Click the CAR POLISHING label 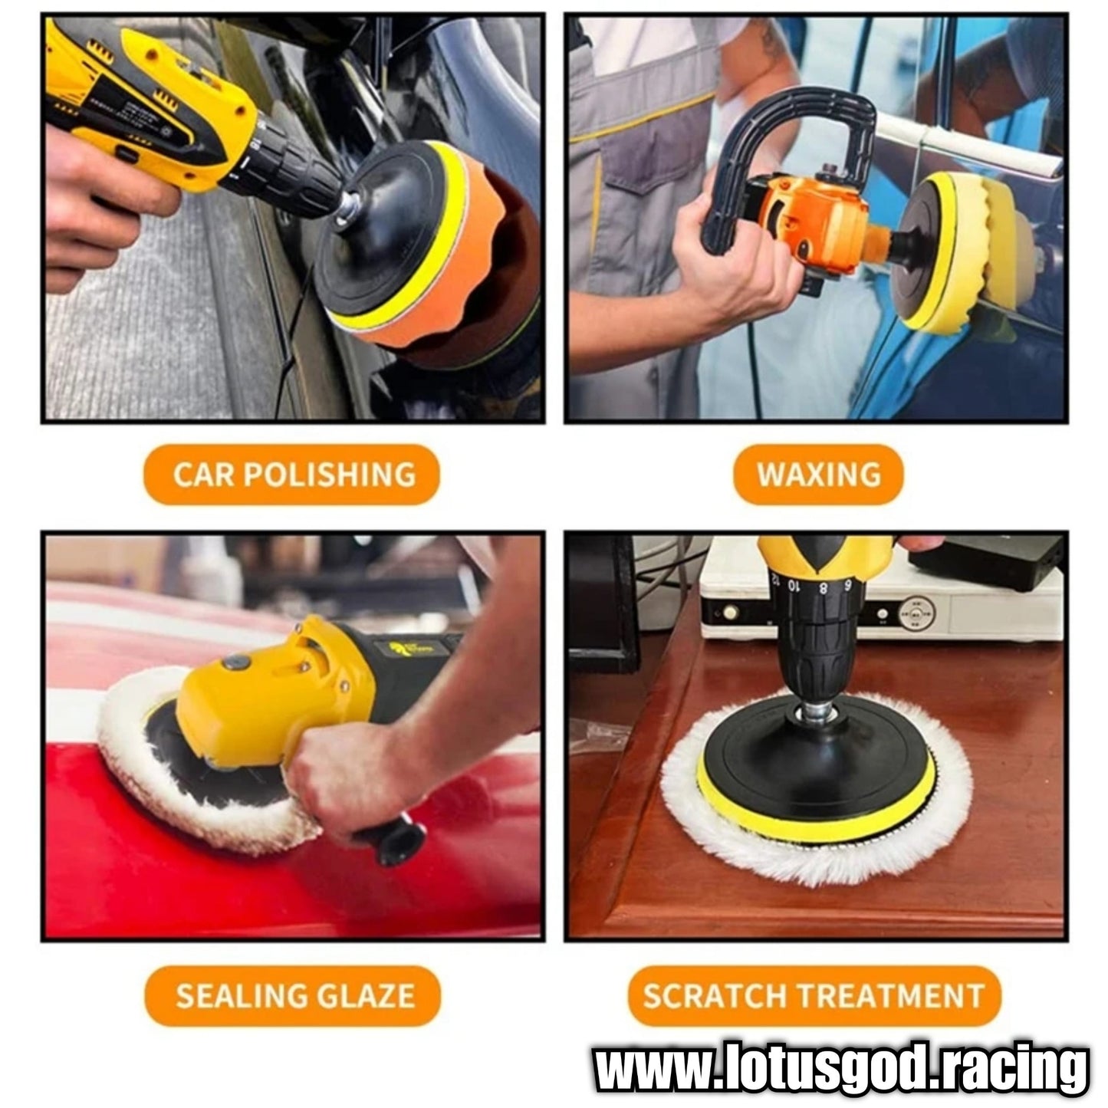(x=291, y=475)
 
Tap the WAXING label (x=818, y=475)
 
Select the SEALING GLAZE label (x=293, y=996)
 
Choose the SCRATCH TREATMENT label (x=815, y=996)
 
